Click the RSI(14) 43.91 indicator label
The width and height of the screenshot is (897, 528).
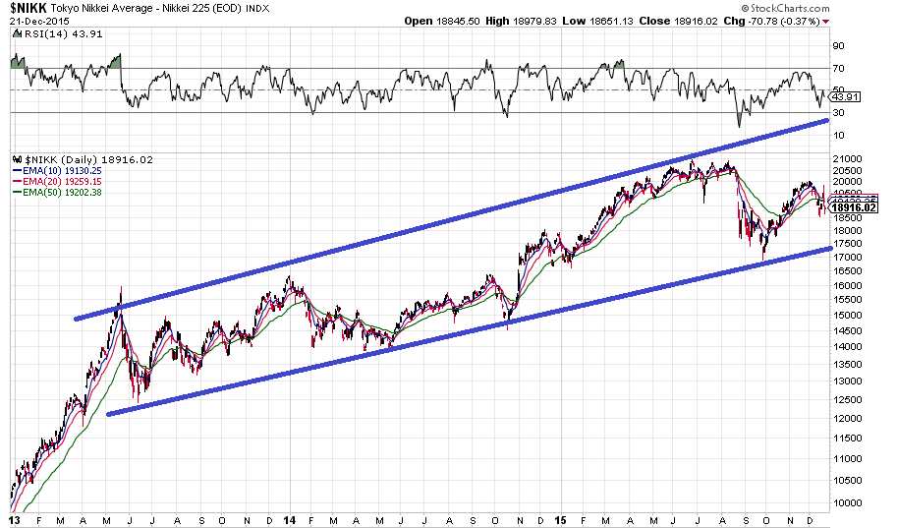pos(50,33)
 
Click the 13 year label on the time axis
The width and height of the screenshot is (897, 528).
pos(15,519)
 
